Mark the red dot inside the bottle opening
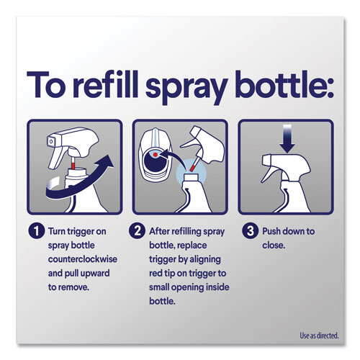pos(158,155)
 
